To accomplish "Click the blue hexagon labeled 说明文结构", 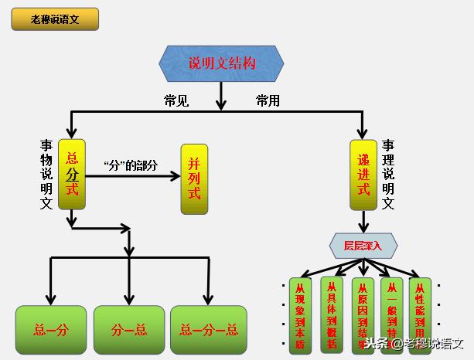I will [221, 64].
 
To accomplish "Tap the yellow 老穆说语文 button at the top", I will [55, 19].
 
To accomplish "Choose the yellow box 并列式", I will [195, 178].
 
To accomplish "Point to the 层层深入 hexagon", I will [363, 246].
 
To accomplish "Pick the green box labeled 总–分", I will [51, 330].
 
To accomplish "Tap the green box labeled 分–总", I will [129, 330].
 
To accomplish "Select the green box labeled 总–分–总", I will [209, 330].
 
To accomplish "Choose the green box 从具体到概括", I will [331, 309].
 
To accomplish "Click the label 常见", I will [176, 101].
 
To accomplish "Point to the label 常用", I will [268, 101].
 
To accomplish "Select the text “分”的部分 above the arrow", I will [130, 165].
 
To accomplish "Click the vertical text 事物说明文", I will [46, 175].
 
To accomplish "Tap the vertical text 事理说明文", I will [388, 175].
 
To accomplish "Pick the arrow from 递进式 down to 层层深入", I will [363, 222].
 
